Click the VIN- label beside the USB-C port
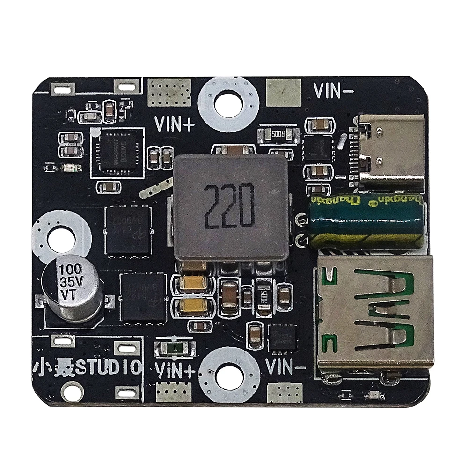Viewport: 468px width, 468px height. click(x=333, y=90)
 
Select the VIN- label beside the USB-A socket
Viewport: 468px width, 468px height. click(x=285, y=366)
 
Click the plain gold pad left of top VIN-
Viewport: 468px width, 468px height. click(x=283, y=92)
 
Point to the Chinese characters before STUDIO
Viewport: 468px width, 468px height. click(x=53, y=367)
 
